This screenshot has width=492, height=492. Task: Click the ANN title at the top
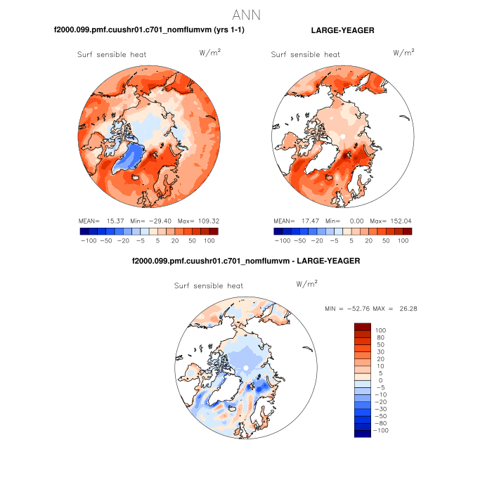(246, 15)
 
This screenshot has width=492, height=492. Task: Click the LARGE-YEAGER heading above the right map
(342, 31)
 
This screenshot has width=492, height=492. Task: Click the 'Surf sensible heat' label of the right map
(306, 55)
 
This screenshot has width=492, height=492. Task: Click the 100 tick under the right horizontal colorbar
(403, 240)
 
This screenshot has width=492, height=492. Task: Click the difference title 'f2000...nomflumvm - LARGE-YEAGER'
(246, 261)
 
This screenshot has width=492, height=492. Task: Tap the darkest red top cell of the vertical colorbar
(362, 326)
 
